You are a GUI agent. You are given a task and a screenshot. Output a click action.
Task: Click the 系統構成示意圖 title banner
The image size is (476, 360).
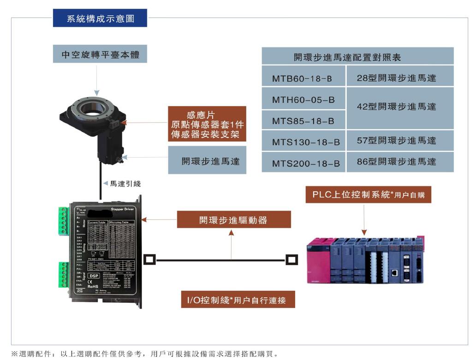[100, 18]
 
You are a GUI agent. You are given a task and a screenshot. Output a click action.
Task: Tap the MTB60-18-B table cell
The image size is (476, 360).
[303, 78]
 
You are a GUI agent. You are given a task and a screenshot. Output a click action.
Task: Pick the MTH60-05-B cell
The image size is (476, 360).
[303, 100]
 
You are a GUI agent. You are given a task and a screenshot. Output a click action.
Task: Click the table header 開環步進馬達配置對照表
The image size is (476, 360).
[357, 57]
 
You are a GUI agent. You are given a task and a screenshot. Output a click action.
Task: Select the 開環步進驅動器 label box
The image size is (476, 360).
[233, 219]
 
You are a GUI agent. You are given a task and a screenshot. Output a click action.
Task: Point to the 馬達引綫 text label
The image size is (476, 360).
[125, 183]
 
